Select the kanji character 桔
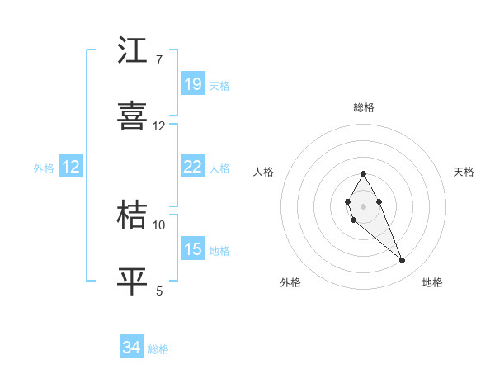tap(133, 216)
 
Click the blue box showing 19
tap(193, 84)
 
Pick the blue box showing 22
tap(193, 167)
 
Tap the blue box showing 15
tap(193, 249)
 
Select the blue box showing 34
tap(132, 348)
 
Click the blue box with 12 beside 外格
tap(71, 167)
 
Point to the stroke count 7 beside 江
tap(158, 60)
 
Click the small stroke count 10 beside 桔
tap(159, 225)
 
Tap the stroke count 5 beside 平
tap(159, 291)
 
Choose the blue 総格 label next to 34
tap(158, 349)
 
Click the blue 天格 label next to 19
tap(219, 86)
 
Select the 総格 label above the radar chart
tap(363, 107)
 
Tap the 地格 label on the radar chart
tap(432, 282)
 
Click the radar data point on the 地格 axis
tap(403, 261)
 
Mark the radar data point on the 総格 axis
tap(363, 173)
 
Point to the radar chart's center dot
tap(363, 205)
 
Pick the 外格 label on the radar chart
tap(290, 282)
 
